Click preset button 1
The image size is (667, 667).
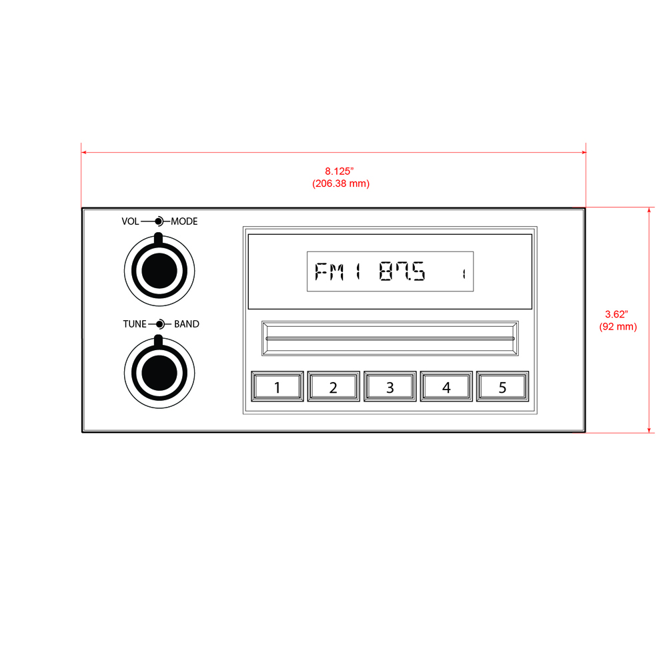click(x=277, y=387)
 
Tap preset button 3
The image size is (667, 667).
click(x=390, y=387)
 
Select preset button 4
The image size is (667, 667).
click(x=446, y=387)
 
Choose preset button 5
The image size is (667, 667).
click(x=502, y=387)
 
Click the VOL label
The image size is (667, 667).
click(x=130, y=221)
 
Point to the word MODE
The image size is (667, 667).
click(x=184, y=221)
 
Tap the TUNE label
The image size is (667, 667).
click(x=134, y=324)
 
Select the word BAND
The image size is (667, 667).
click(x=187, y=324)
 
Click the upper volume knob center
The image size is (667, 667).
click(x=159, y=269)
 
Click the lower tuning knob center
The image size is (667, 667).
click(x=159, y=372)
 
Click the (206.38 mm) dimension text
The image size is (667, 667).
click(x=340, y=183)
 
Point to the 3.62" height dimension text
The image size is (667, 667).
click(x=617, y=313)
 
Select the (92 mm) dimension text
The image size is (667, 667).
click(x=618, y=326)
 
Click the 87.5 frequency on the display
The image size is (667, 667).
click(x=402, y=272)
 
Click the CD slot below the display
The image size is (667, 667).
click(x=390, y=338)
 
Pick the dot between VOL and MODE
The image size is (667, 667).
click(x=159, y=221)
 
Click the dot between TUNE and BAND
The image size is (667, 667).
click(x=159, y=324)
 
